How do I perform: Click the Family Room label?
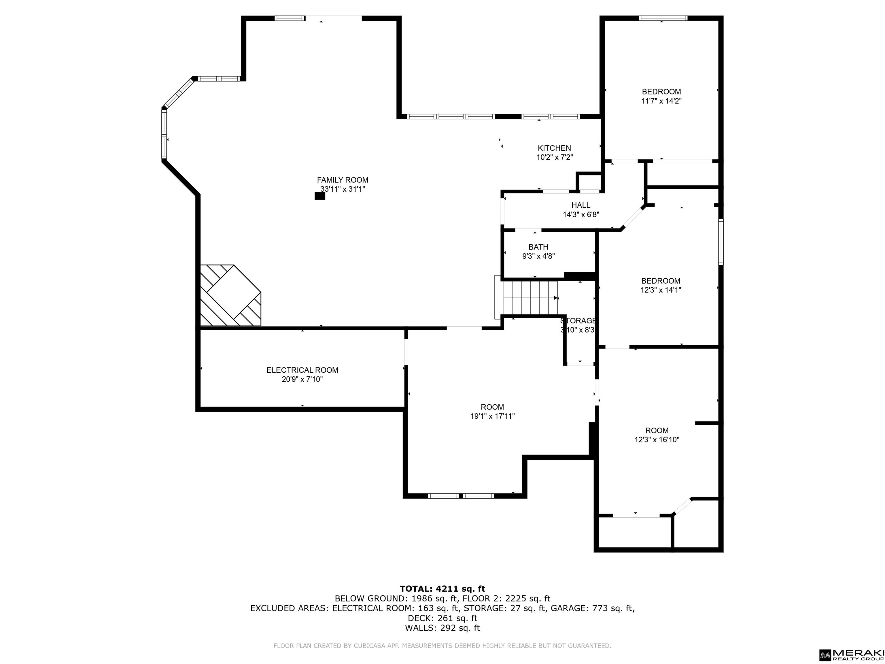click(x=343, y=180)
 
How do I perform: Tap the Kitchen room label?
click(x=554, y=148)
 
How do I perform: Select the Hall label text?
click(x=580, y=205)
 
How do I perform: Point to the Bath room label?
click(x=538, y=247)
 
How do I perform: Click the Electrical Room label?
click(x=302, y=370)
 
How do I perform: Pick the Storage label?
click(x=578, y=320)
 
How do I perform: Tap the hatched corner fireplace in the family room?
click(x=230, y=295)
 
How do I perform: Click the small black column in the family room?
click(x=320, y=196)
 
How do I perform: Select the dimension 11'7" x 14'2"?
click(x=661, y=101)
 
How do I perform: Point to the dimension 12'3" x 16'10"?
click(x=657, y=440)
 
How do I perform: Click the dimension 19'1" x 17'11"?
click(x=493, y=416)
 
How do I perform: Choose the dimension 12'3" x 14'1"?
click(x=661, y=290)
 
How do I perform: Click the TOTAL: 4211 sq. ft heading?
click(x=442, y=589)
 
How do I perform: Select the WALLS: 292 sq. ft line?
click(x=442, y=628)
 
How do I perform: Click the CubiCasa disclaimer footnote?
click(x=442, y=646)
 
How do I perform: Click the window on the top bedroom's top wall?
click(x=663, y=18)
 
